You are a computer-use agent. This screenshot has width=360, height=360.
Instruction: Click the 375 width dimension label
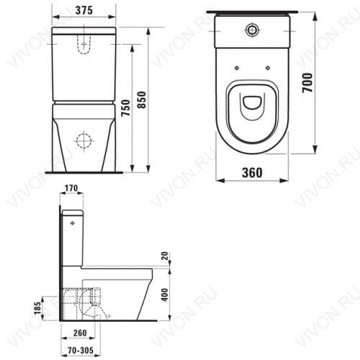[x=84, y=10]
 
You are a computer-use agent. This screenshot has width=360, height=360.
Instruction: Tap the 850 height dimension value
[x=142, y=100]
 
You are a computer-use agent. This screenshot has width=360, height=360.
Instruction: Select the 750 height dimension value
[x=125, y=107]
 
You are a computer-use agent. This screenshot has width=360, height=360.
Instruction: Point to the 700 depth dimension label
[x=307, y=83]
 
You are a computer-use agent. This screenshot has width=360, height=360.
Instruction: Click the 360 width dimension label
[x=252, y=172]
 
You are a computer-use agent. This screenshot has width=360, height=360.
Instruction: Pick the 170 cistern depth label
[x=71, y=188]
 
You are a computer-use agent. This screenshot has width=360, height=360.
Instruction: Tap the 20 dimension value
[x=166, y=256]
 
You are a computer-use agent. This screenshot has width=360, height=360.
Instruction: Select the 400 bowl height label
[x=166, y=295]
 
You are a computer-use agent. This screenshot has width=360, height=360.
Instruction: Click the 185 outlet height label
[x=37, y=308]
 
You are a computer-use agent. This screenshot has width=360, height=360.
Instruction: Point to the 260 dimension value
[x=80, y=333]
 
